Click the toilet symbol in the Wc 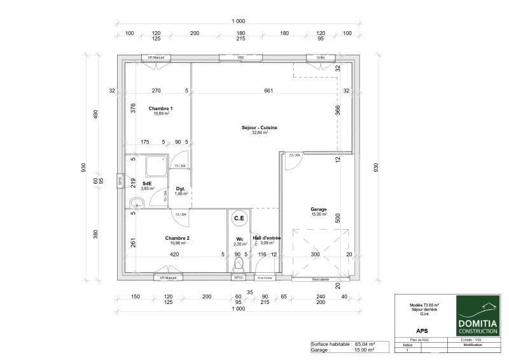(x=239, y=265)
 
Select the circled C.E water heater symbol (x=239, y=219)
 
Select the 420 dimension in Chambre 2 (x=174, y=254)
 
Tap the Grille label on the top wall (x=321, y=58)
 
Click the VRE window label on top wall (x=241, y=58)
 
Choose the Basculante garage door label (x=321, y=279)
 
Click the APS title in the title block (x=421, y=330)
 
